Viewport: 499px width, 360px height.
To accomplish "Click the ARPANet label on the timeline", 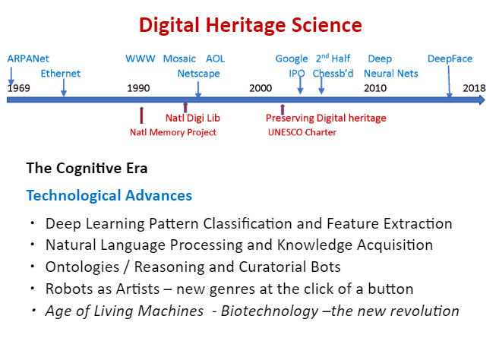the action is [x=28, y=58].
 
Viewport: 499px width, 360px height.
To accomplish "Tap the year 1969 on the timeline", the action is [x=19, y=88].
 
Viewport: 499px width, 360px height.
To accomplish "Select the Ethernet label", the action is [x=61, y=74].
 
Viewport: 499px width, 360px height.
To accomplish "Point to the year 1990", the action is [x=138, y=88].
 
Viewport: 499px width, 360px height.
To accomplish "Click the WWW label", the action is [x=141, y=58].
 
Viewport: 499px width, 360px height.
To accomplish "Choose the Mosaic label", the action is [x=179, y=58].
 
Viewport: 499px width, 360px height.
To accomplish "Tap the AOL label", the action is [x=216, y=58].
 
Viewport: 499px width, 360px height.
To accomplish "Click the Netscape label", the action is [x=198, y=74].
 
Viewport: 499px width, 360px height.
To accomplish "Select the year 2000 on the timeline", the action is [x=261, y=88].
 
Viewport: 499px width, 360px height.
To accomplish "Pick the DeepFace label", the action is [x=450, y=58].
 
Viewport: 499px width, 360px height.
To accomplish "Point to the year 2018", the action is [x=474, y=88].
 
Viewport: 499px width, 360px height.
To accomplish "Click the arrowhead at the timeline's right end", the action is [x=482, y=100].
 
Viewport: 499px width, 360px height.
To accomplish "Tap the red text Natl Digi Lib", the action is [x=192, y=118].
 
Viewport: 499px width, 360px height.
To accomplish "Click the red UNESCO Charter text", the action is [x=302, y=132].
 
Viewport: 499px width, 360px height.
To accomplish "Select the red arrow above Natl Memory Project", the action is [x=141, y=115].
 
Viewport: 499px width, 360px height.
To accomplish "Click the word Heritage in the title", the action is [x=245, y=26].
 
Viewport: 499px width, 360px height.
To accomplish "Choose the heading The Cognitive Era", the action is [x=87, y=169].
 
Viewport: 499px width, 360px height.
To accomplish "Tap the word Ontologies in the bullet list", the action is [x=83, y=267].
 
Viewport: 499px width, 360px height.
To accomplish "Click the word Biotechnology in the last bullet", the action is [x=270, y=311].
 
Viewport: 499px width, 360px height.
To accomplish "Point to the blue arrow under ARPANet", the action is [x=11, y=76].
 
